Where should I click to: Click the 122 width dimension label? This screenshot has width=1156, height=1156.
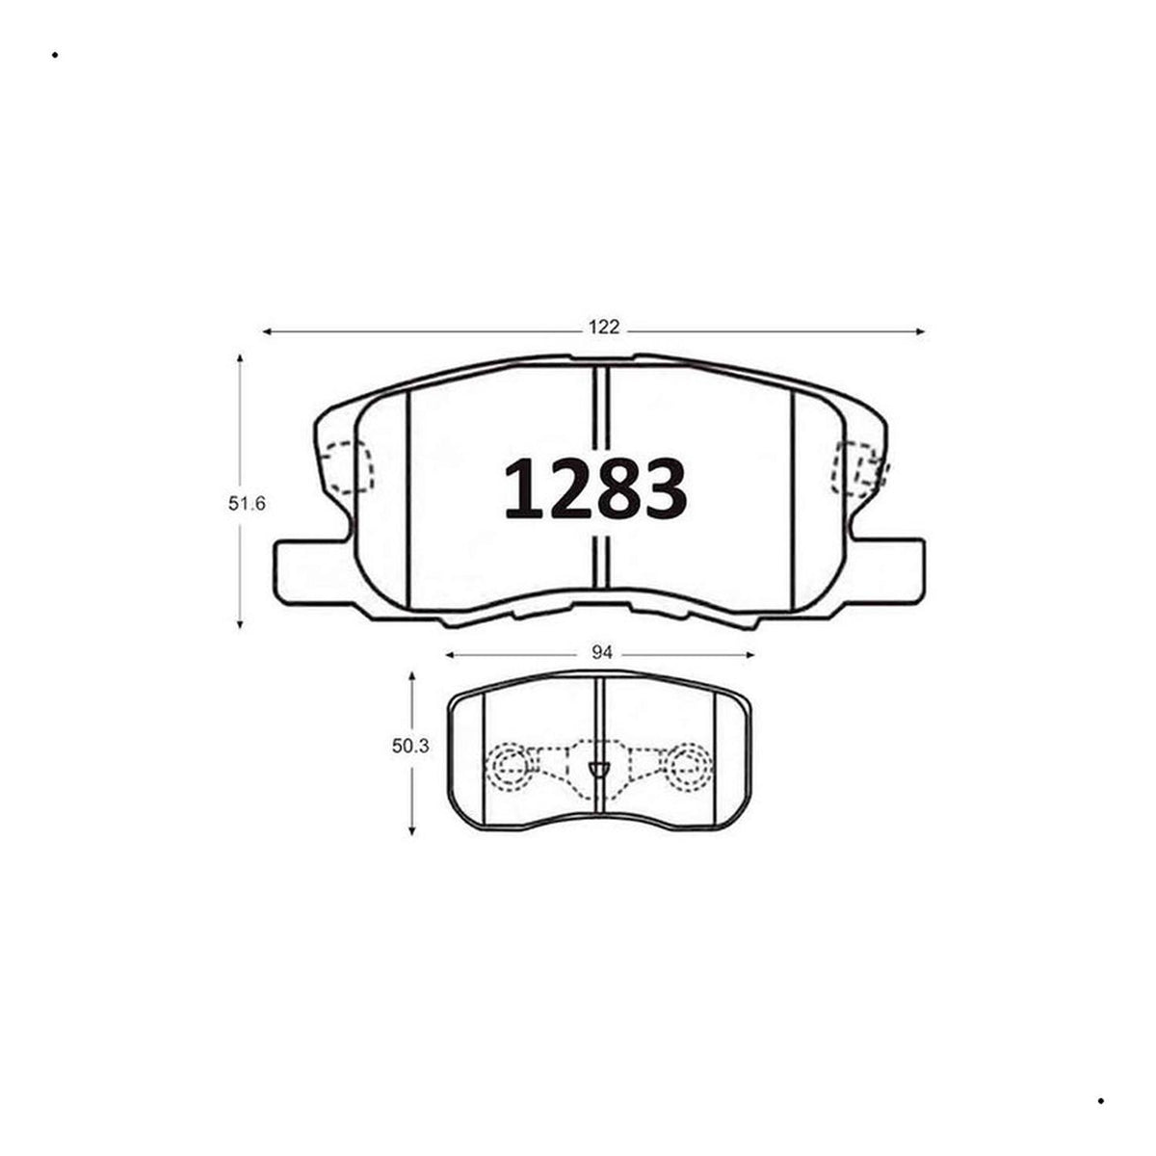(603, 328)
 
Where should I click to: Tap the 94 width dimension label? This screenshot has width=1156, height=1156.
(602, 653)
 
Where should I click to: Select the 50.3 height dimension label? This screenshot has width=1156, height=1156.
(410, 747)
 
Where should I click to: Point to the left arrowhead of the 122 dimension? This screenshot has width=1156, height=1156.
(267, 331)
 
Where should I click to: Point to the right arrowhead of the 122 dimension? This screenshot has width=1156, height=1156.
(921, 331)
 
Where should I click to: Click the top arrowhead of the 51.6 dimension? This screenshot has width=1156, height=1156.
(240, 358)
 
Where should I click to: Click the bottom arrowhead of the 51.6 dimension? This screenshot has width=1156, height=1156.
(240, 624)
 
